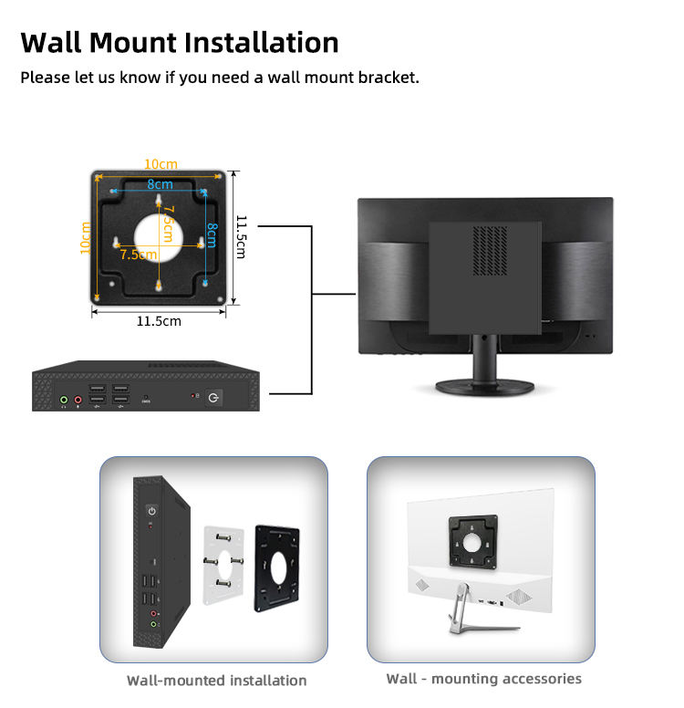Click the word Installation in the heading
pyautogui.click(x=261, y=42)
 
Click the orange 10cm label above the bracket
pyautogui.click(x=161, y=164)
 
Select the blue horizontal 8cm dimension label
pyautogui.click(x=161, y=183)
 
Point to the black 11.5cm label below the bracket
pyautogui.click(x=159, y=321)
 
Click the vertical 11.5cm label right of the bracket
pyautogui.click(x=242, y=236)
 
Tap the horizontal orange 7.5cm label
pyautogui.click(x=138, y=255)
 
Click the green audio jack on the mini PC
pyautogui.click(x=64, y=398)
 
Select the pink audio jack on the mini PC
pyautogui.click(x=78, y=398)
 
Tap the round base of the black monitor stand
pyautogui.click(x=483, y=387)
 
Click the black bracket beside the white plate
pyautogui.click(x=278, y=567)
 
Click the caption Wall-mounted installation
pyautogui.click(x=216, y=681)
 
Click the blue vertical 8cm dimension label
pyautogui.click(x=212, y=236)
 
